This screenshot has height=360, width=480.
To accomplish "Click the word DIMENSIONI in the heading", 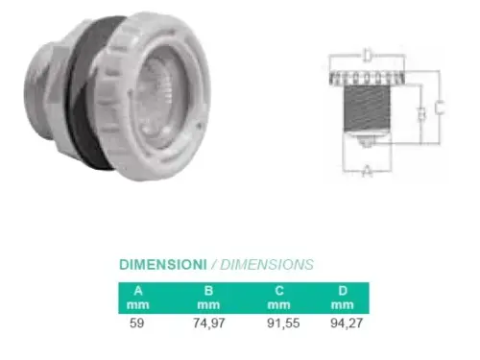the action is [x=163, y=265].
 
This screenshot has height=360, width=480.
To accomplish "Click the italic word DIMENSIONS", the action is [x=267, y=265].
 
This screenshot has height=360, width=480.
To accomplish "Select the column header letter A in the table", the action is [x=138, y=291].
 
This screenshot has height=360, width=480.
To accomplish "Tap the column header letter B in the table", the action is [x=208, y=291].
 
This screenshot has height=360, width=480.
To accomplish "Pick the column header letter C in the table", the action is [x=279, y=291].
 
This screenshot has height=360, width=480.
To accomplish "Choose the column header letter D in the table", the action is [x=343, y=291].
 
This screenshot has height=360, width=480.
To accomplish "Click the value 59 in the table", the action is [x=137, y=323].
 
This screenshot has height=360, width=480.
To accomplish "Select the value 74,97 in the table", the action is [x=209, y=323].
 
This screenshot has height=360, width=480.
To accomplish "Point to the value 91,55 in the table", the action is [x=283, y=323].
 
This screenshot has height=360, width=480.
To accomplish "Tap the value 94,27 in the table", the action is [x=347, y=323].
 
